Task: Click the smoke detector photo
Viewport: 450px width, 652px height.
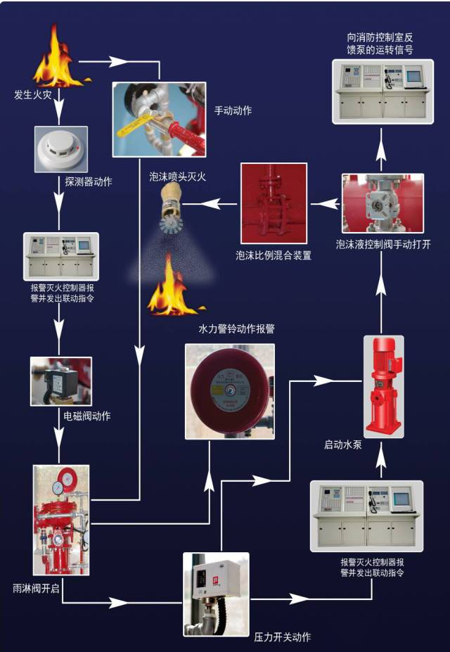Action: click(x=60, y=149)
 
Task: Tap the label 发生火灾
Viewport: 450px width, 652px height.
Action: click(x=32, y=94)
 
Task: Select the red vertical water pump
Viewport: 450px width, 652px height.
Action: click(x=383, y=385)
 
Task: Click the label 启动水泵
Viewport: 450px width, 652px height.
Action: click(x=342, y=444)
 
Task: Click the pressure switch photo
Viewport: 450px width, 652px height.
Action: click(x=216, y=594)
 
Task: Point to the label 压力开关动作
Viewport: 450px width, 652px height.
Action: click(x=282, y=637)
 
